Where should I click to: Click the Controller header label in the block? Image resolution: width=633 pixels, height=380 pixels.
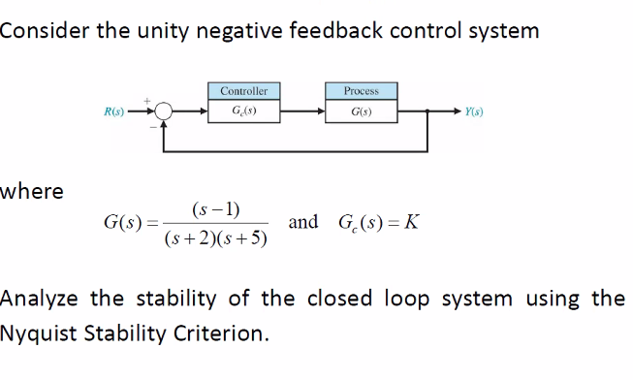point(244,91)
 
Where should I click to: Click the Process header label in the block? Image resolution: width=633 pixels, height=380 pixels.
point(361,91)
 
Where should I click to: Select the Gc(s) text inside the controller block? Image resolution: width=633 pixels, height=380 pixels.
point(244,112)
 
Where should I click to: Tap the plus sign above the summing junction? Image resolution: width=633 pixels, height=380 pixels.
point(147,98)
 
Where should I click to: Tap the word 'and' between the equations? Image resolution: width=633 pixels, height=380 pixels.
point(302,222)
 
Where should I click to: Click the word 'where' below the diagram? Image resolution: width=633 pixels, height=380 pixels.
point(32,191)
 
